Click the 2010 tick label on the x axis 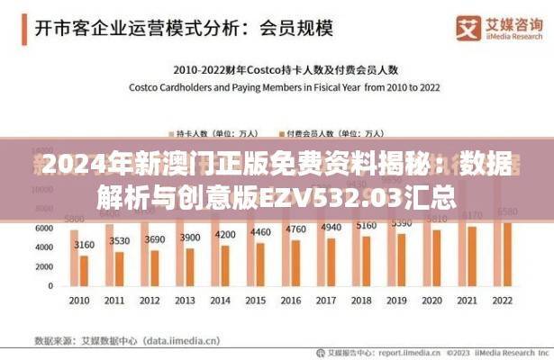coord(78,300)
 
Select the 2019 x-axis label coord(402,300)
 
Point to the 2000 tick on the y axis coord(44,267)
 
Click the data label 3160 coord(84,244)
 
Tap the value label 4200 coord(225,234)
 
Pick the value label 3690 coord(155,239)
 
